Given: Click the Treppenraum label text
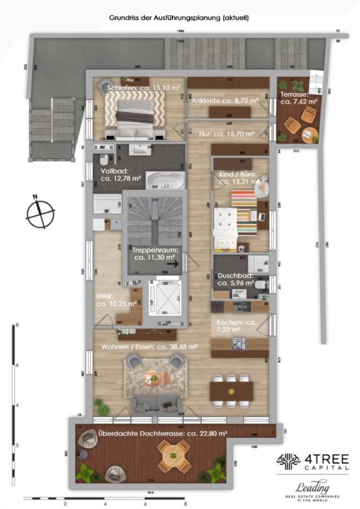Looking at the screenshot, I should tap(156, 253).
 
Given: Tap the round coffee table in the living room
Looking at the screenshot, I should tap(153, 378).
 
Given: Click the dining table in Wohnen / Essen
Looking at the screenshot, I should tap(232, 390).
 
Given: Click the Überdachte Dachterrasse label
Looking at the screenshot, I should tap(162, 433).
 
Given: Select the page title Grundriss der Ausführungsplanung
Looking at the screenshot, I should tap(179, 18).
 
